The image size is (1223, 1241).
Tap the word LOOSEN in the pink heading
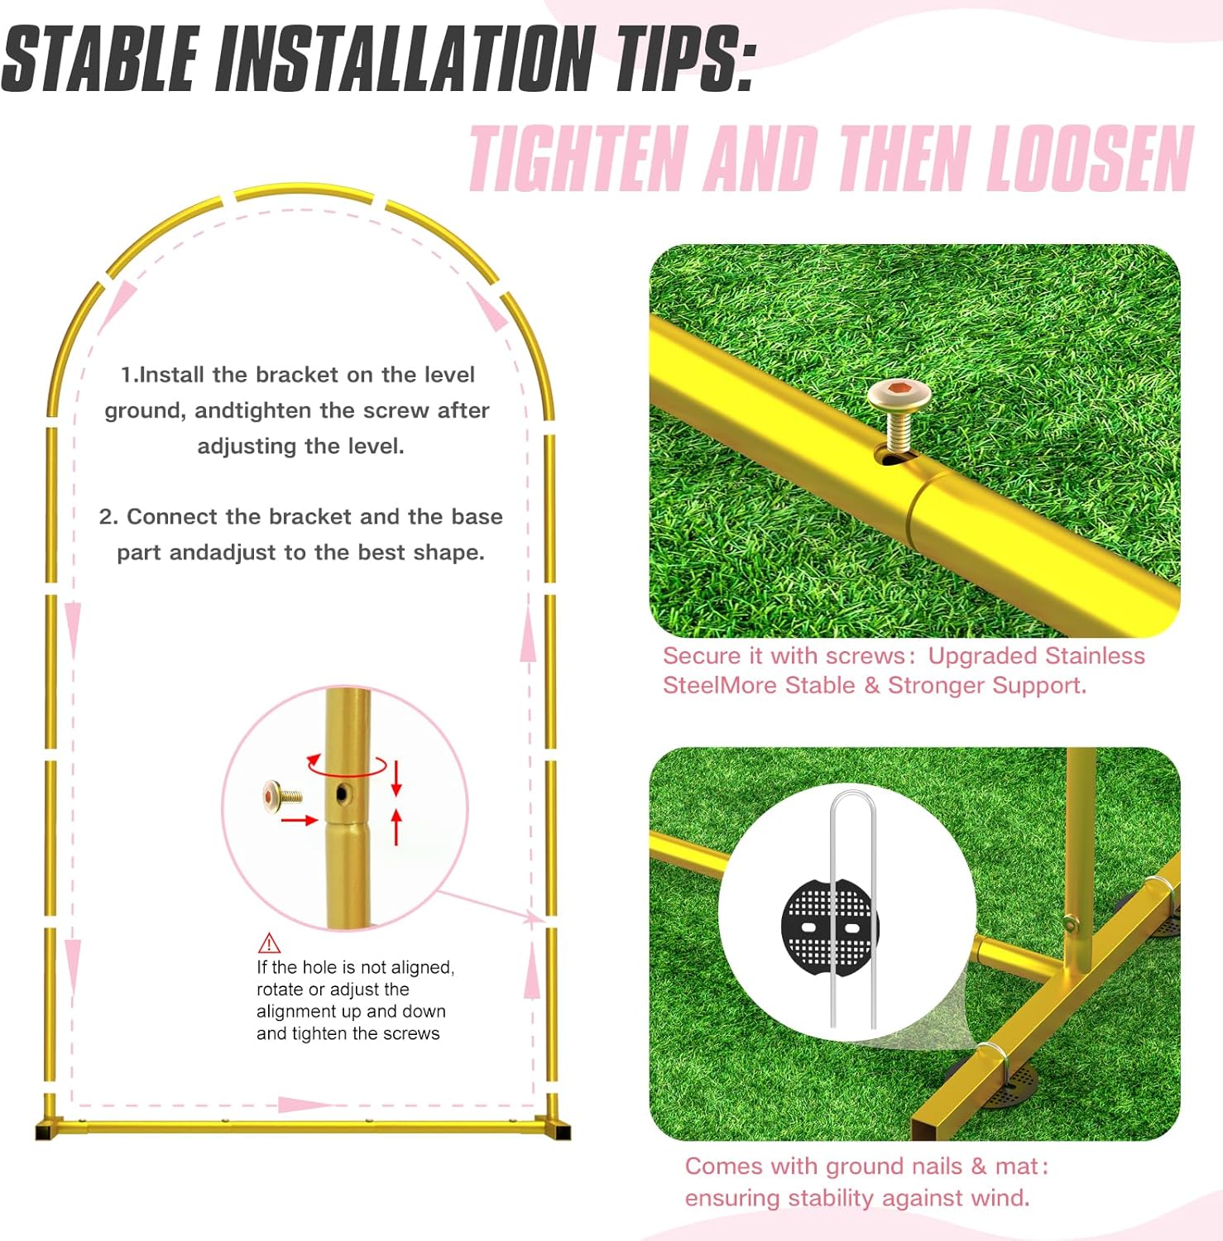click(1091, 158)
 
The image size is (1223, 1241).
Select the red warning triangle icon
click(269, 943)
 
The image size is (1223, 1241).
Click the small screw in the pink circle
click(283, 796)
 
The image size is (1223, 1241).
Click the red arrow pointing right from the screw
click(300, 820)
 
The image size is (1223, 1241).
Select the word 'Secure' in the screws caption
click(702, 656)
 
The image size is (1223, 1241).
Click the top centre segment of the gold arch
click(304, 192)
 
